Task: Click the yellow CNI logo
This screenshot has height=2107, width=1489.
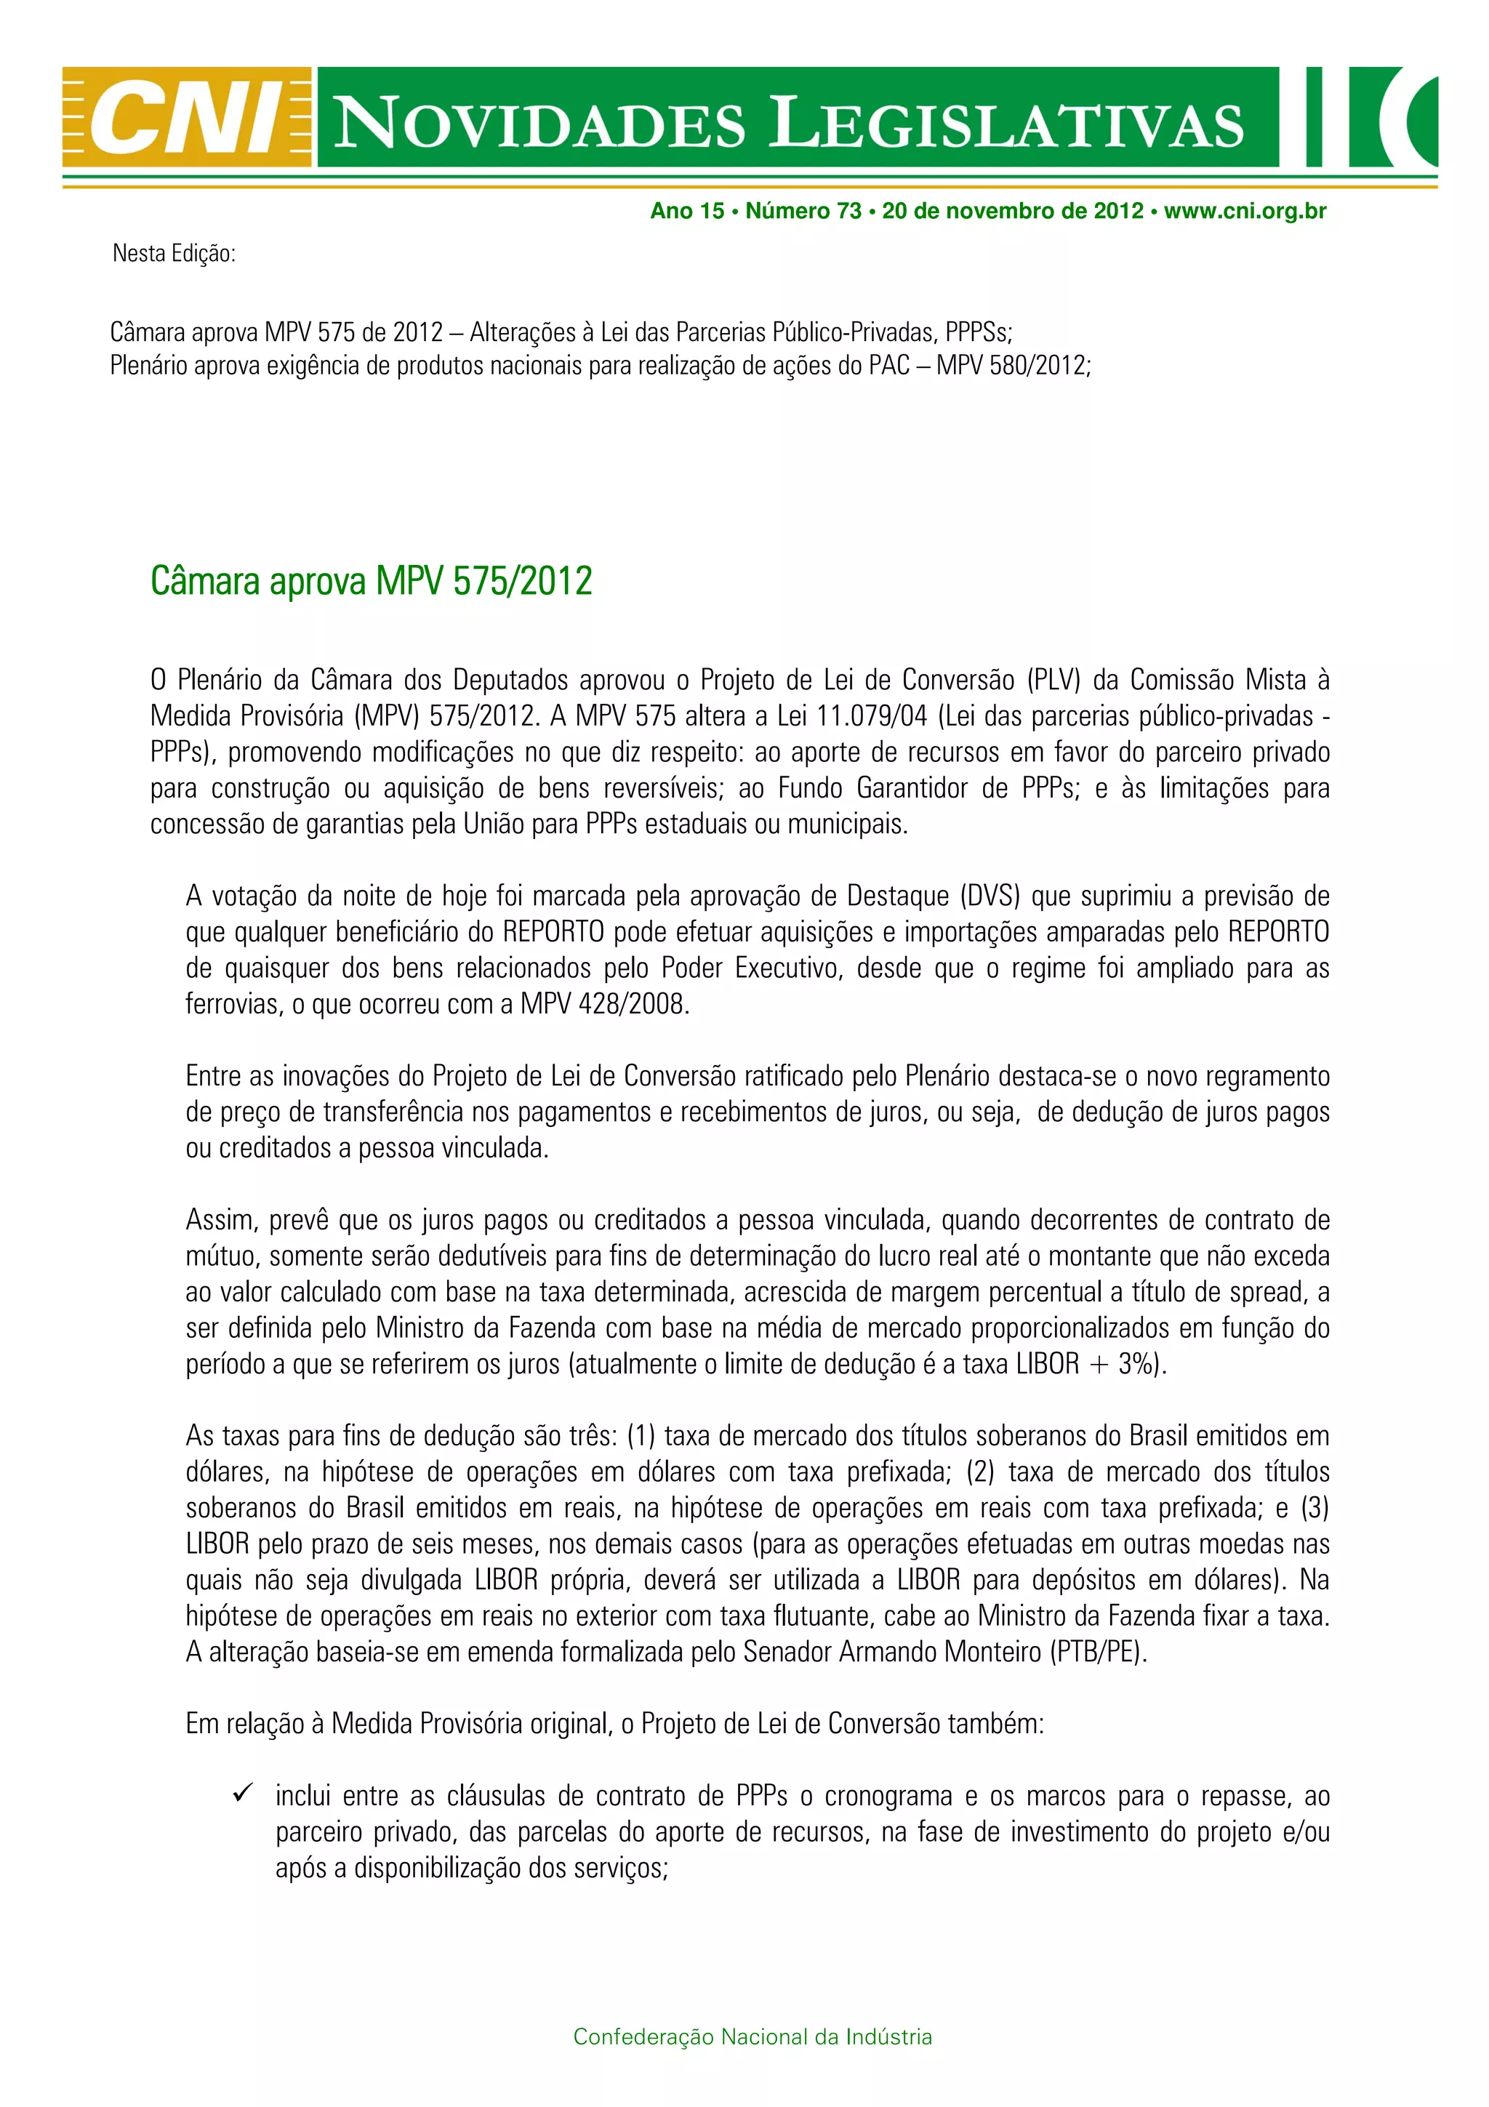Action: pyautogui.click(x=187, y=118)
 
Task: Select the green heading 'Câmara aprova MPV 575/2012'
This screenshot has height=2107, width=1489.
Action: pyautogui.click(x=372, y=581)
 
